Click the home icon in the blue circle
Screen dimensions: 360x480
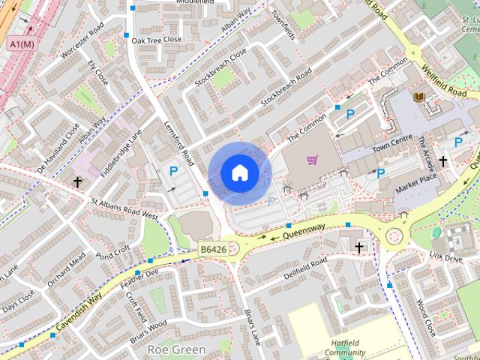[x=239, y=173]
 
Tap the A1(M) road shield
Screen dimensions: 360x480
[x=22, y=45]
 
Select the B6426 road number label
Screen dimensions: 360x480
[x=214, y=249]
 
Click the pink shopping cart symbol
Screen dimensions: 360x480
[x=313, y=160]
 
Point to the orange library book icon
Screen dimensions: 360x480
[x=418, y=97]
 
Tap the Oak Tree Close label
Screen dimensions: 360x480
[x=157, y=40]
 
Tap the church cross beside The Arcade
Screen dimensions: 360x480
[x=443, y=161]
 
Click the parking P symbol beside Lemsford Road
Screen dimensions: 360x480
[x=174, y=172]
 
